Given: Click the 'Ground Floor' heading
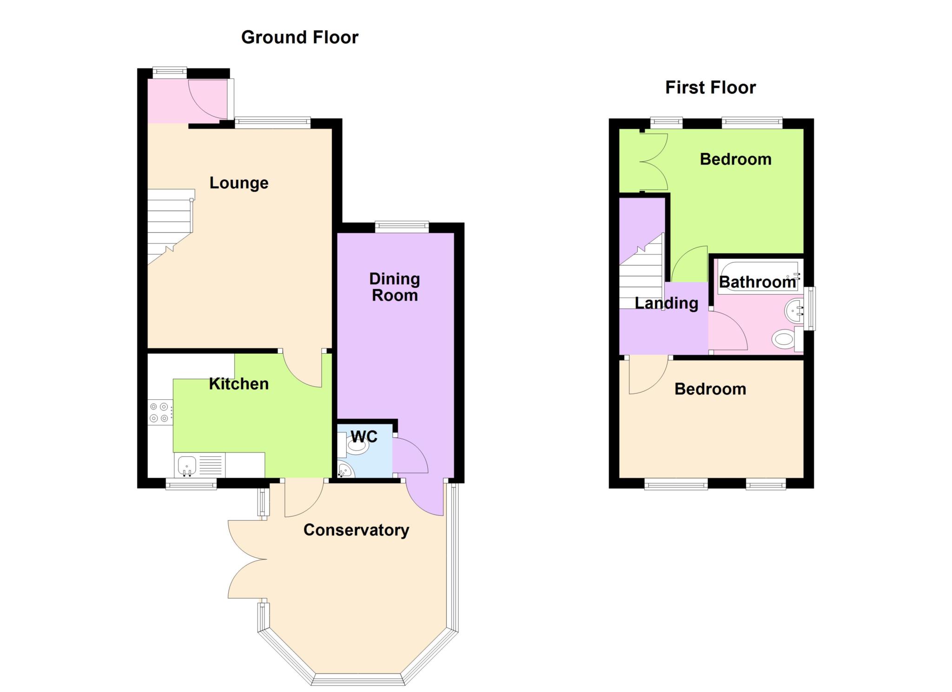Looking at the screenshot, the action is (300, 37).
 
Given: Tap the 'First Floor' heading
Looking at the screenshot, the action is (710, 87).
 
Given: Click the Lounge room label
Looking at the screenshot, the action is (239, 183).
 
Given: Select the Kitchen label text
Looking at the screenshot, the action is (239, 384).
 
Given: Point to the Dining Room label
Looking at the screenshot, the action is (395, 287).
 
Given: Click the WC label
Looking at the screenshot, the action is (364, 436).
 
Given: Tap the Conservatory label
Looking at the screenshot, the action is (356, 530).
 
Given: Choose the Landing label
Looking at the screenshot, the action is (667, 303).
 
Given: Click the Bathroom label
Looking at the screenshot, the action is (757, 282).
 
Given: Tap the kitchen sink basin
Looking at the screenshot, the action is (187, 465).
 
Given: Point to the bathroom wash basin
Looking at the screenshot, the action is (794, 310).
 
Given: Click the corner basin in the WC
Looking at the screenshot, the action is (345, 470).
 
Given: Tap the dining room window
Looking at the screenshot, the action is (402, 227).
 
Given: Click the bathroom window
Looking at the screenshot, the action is (810, 309).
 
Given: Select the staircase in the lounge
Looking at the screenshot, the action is (171, 226).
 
